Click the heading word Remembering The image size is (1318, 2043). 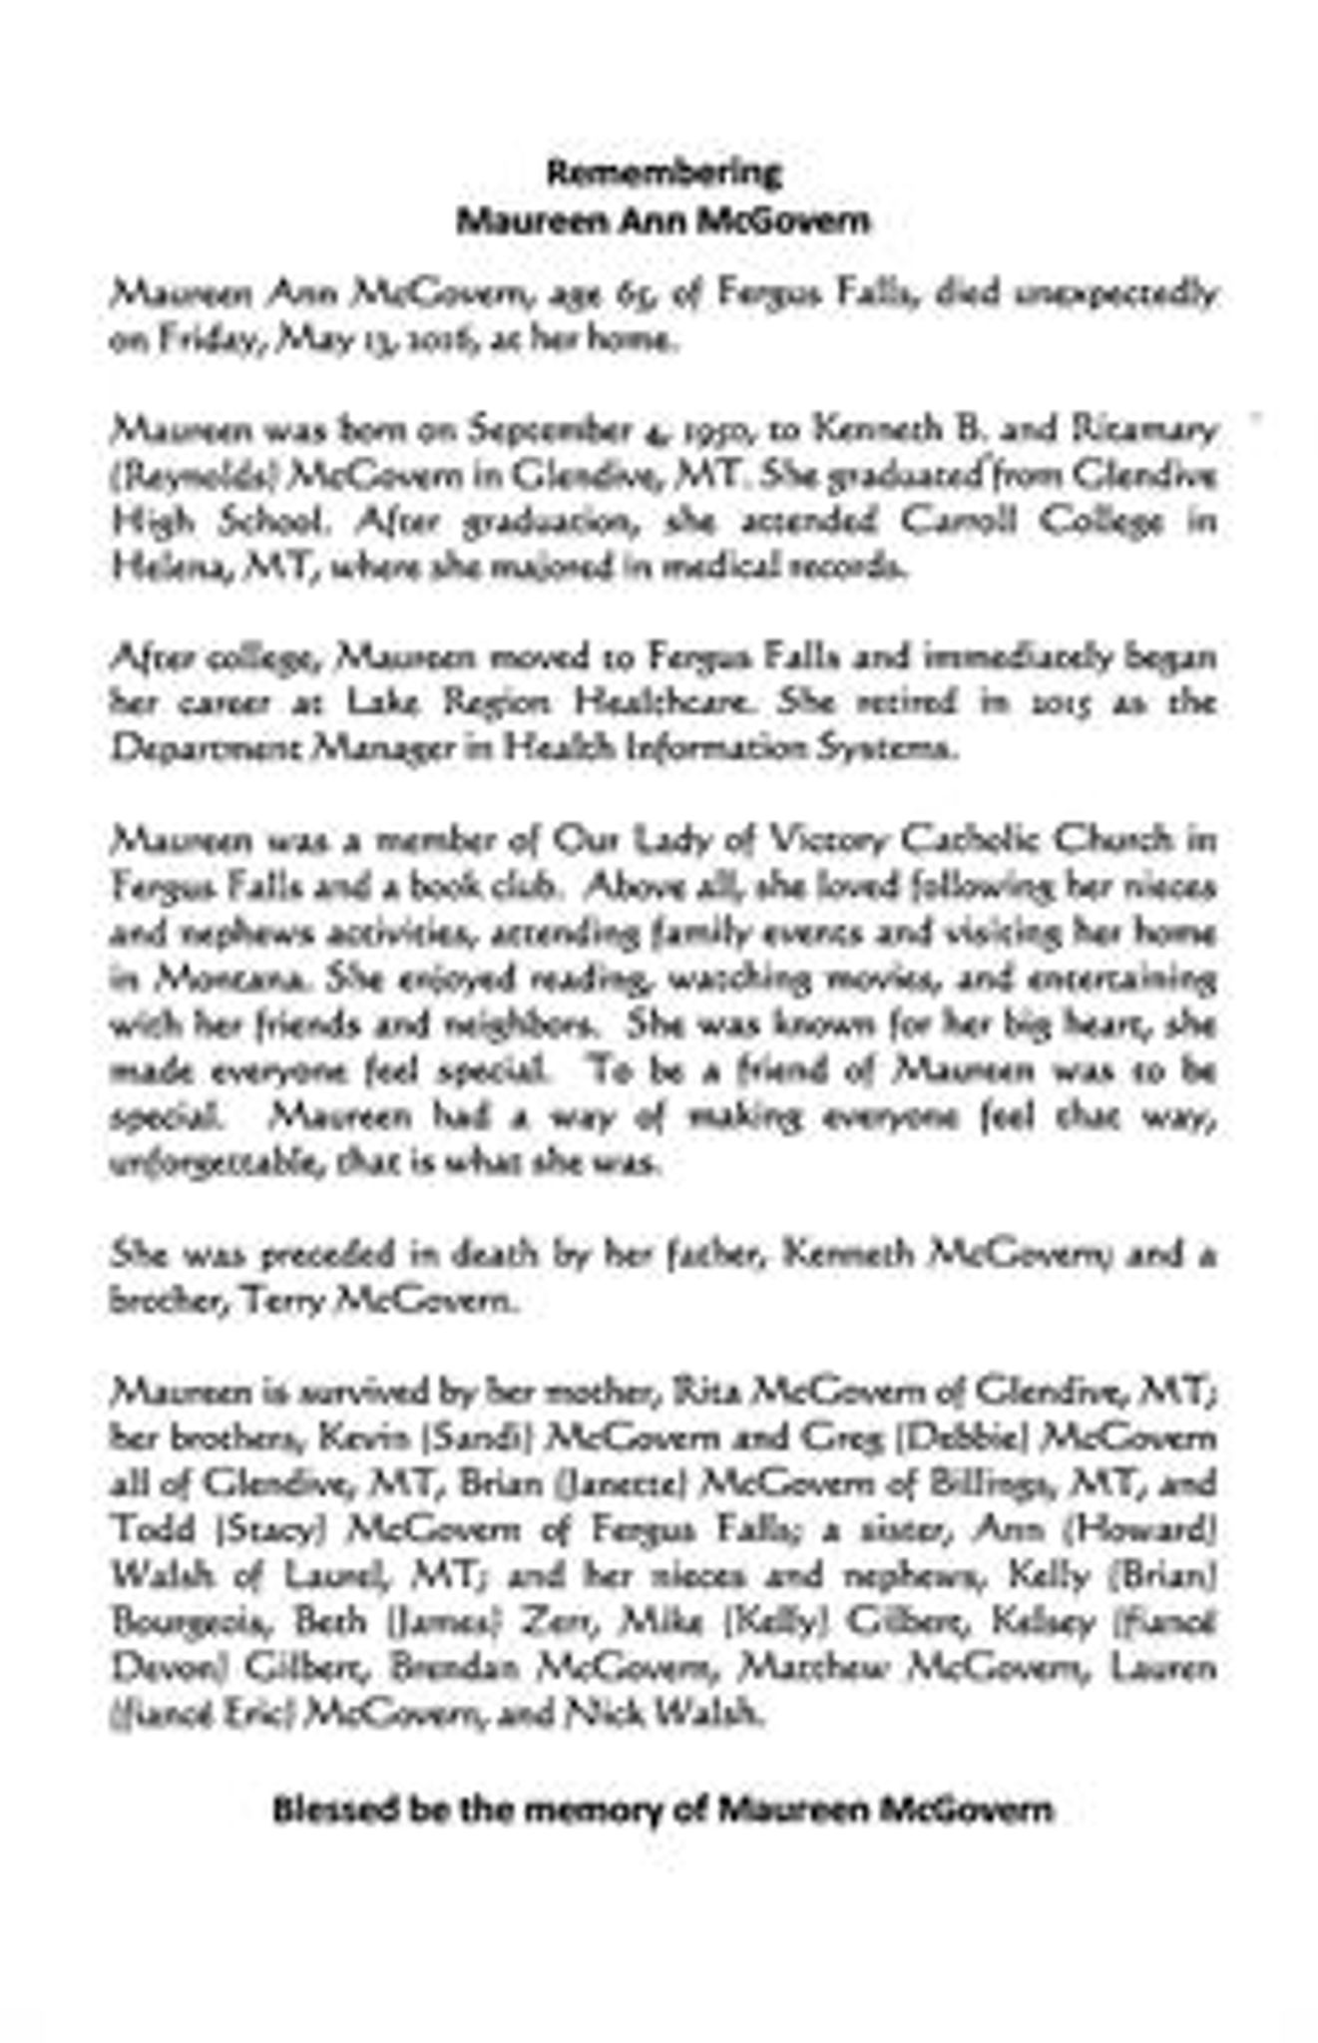[663, 173]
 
